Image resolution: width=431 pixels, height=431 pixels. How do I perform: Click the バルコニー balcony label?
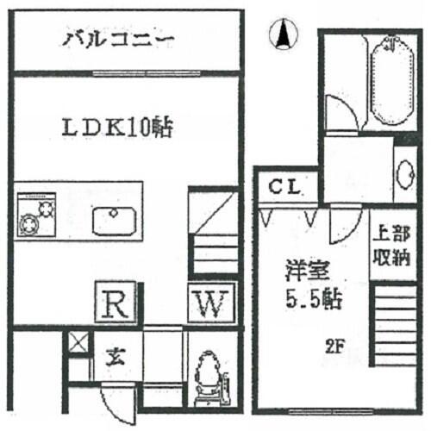tap(118, 40)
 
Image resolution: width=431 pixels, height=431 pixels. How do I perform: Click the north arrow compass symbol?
tap(284, 34)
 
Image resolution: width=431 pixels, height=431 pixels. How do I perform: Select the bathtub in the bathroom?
tap(392, 81)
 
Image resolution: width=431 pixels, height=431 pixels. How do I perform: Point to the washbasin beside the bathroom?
tap(405, 174)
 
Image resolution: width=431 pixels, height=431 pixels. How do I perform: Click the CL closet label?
tap(284, 187)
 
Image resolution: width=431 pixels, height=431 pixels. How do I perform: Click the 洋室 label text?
tap(307, 271)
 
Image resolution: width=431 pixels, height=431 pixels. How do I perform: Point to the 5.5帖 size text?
tap(314, 299)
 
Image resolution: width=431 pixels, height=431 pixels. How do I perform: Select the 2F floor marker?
tap(335, 347)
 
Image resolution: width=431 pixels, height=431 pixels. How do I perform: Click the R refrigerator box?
tap(116, 302)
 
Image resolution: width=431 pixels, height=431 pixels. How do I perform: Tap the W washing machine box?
tap(212, 303)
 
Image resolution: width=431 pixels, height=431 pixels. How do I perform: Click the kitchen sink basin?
tap(114, 221)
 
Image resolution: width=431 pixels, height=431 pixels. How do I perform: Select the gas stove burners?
tap(36, 215)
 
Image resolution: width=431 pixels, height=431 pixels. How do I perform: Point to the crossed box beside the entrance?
tap(78, 342)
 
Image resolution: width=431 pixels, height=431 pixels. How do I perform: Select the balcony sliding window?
tap(147, 73)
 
